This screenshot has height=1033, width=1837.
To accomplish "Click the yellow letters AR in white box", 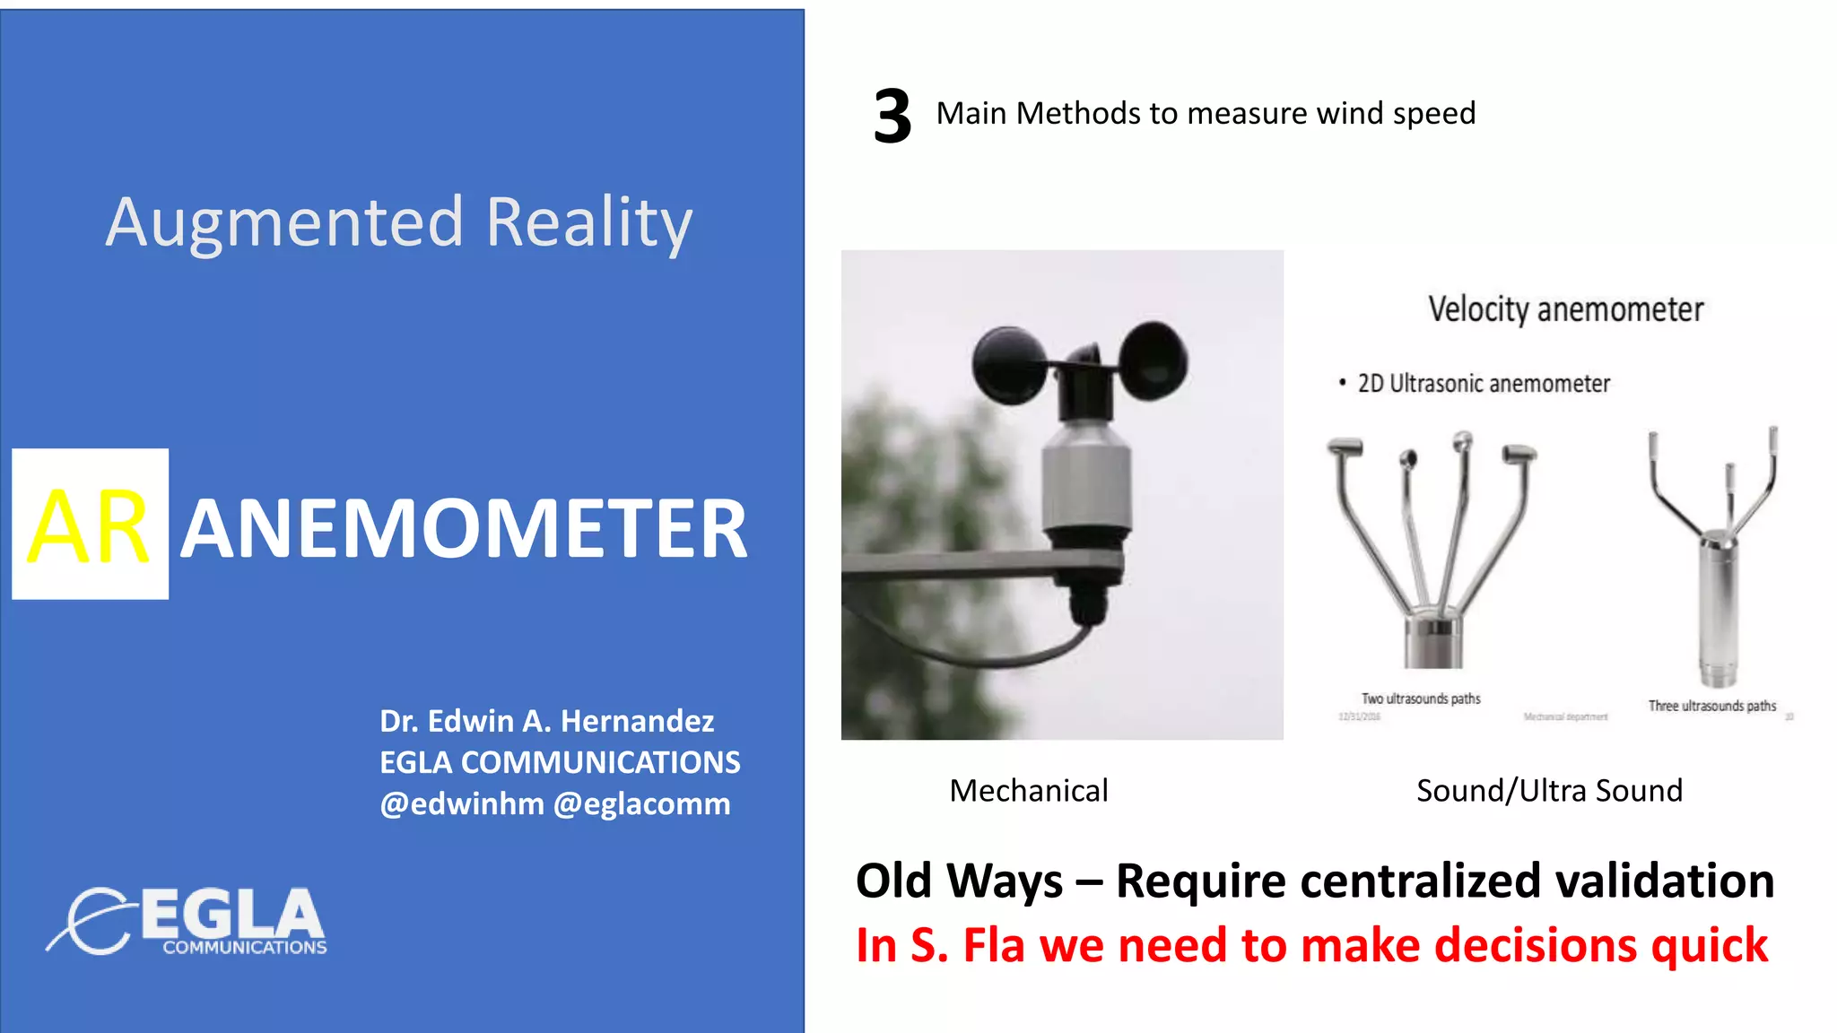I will coord(89,526).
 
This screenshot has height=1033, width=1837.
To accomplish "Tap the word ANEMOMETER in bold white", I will coord(464,530).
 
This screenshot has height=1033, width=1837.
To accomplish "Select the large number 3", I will coord(892,117).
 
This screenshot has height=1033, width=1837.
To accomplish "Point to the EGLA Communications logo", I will coord(188,921).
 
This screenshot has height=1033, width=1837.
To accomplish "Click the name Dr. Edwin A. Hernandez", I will coord(546,721).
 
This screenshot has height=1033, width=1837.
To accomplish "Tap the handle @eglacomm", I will coord(641,803).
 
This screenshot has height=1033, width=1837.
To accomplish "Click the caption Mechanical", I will coord(1029,791).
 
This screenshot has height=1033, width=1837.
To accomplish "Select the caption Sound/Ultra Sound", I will coord(1549,791).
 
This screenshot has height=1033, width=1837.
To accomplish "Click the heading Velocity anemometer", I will coord(1565,309).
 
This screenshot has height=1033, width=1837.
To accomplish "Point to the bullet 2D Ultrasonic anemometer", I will coord(1483,384).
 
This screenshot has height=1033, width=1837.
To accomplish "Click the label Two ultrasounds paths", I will coord(1421,699).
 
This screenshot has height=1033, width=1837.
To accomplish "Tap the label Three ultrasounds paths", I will coord(1711,706).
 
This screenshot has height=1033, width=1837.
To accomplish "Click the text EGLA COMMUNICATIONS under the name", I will coord(560,762).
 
